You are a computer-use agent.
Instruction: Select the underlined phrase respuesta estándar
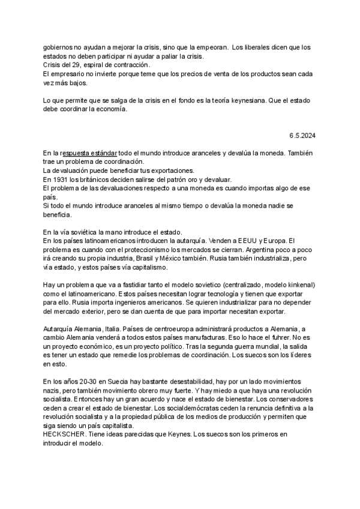89,154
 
